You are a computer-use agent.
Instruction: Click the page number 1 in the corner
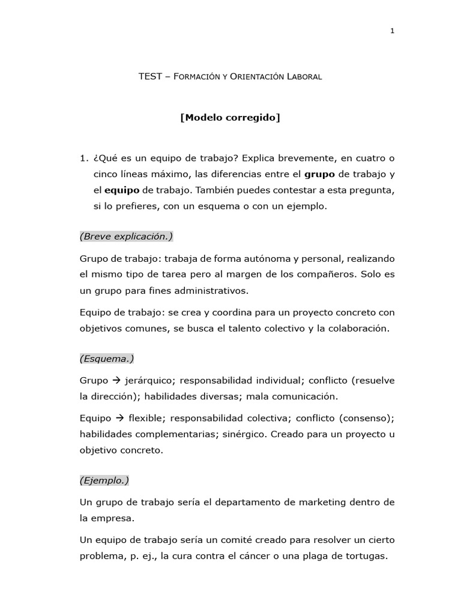click(x=392, y=31)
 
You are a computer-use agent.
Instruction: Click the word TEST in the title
click(x=150, y=76)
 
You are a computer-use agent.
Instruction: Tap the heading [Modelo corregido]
click(x=230, y=118)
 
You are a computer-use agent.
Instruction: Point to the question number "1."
click(x=83, y=159)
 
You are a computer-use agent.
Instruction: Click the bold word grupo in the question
click(x=320, y=174)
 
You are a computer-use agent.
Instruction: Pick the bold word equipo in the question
click(x=122, y=190)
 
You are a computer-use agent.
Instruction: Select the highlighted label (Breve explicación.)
click(x=126, y=237)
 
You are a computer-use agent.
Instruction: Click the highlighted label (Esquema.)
click(x=107, y=359)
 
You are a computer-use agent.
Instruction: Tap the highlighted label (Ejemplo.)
click(x=104, y=480)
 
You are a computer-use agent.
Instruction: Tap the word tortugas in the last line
click(x=365, y=556)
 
